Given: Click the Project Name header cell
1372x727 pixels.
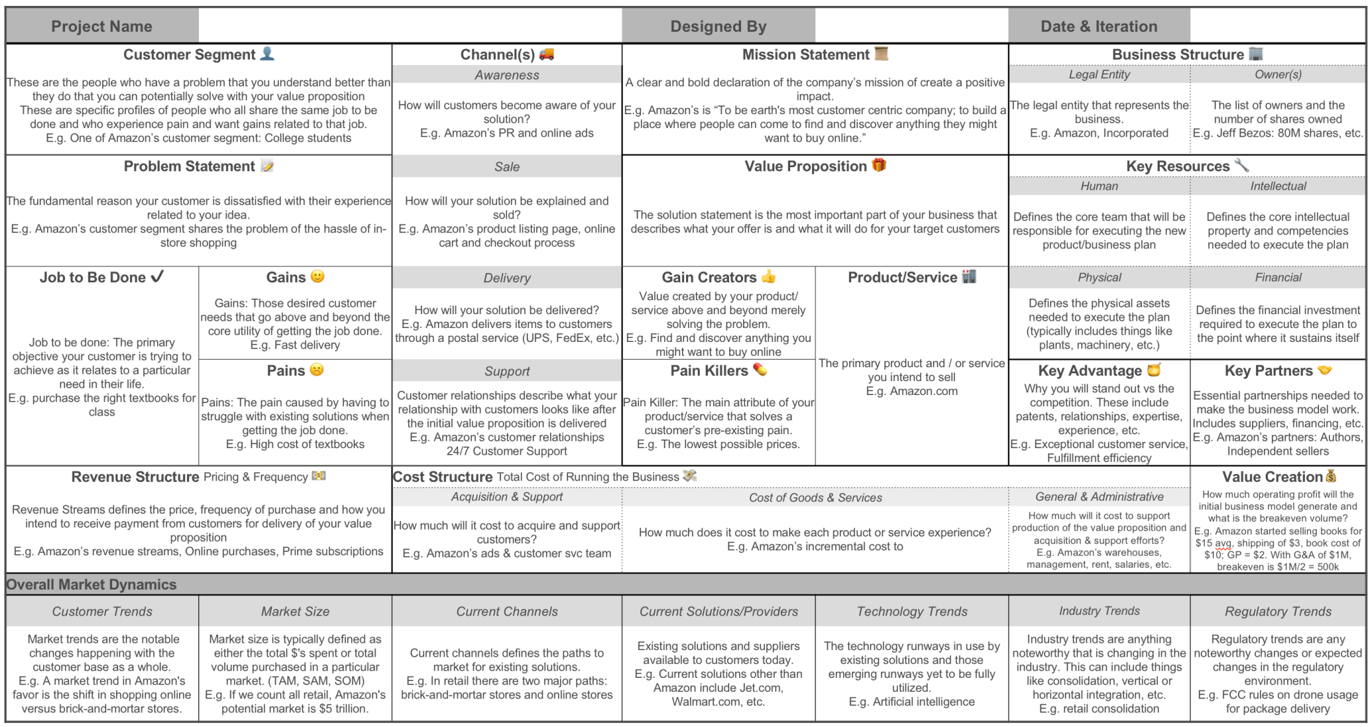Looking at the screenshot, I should point(102,27).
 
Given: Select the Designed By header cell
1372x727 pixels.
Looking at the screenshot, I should point(718,27).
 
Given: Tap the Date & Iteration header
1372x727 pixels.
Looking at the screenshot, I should point(1099,27).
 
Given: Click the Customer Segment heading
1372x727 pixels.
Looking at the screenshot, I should point(189,54).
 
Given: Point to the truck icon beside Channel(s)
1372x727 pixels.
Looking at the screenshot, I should point(547,54).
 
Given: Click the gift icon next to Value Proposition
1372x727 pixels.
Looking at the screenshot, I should point(879,165).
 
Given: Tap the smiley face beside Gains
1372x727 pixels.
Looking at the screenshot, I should point(318,276).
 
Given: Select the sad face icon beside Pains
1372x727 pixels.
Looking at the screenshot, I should point(317,370).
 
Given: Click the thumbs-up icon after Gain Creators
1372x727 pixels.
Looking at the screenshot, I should point(768,276).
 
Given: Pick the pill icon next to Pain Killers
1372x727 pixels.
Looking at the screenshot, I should point(760,370).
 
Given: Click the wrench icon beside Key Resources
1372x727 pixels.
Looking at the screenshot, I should point(1241,165).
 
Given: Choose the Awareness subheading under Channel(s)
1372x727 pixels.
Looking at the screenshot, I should point(507,75).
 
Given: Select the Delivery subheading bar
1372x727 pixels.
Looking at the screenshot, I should point(507,278).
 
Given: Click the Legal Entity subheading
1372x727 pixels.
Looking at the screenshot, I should point(1099,74).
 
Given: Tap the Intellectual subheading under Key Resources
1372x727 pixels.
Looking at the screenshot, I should point(1278,187).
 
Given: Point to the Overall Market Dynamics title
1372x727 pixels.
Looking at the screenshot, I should point(92,585).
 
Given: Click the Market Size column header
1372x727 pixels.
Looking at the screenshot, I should point(295,611).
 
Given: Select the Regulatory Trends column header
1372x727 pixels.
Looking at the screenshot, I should point(1278,611).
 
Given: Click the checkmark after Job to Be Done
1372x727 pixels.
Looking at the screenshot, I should point(157,277).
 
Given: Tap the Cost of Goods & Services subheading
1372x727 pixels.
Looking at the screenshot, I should point(815,497).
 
